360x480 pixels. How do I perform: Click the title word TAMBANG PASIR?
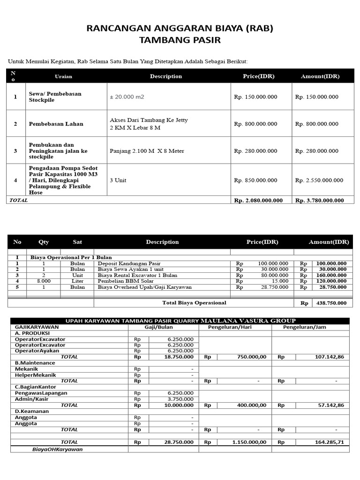(180, 40)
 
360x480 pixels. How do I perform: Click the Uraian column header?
(63, 76)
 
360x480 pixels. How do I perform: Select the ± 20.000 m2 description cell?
(127, 97)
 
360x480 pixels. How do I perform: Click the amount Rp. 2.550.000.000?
(319, 180)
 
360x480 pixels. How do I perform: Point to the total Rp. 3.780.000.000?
(319, 200)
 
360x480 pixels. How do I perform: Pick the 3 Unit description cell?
(118, 180)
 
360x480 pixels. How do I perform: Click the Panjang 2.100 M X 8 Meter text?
(147, 151)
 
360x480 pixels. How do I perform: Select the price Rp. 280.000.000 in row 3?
(255, 151)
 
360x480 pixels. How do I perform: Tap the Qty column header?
(44, 242)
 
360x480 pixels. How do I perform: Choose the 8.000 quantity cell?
(44, 281)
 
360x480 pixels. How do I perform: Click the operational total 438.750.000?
(331, 303)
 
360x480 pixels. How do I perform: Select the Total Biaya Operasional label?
(194, 303)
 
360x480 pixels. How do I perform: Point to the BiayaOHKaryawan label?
(57, 449)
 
